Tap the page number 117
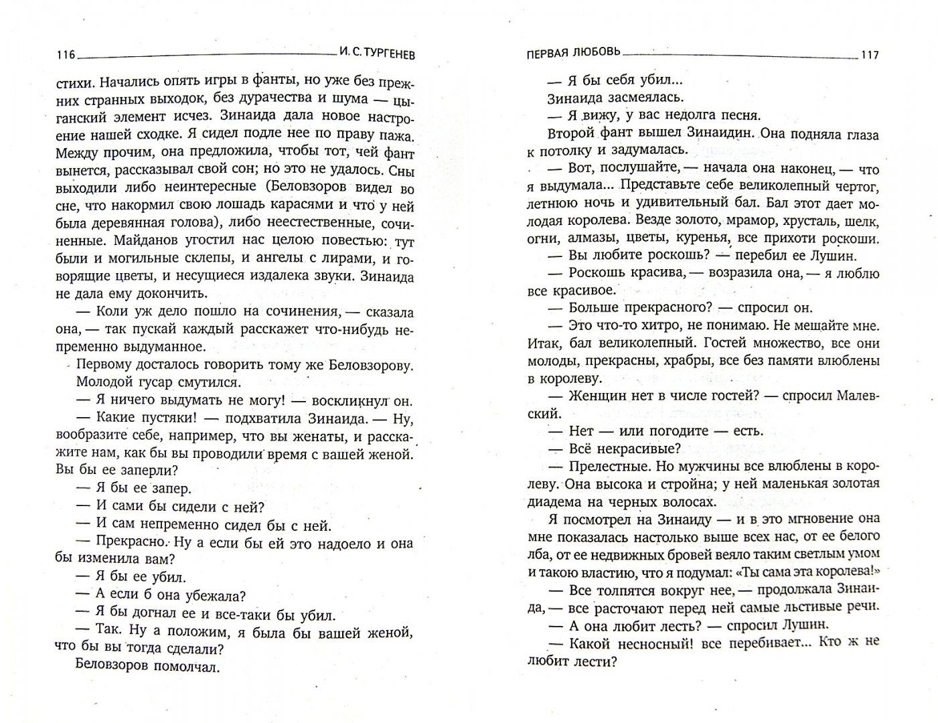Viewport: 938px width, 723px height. [x=870, y=56]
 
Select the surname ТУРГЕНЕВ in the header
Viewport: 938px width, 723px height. [x=385, y=56]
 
